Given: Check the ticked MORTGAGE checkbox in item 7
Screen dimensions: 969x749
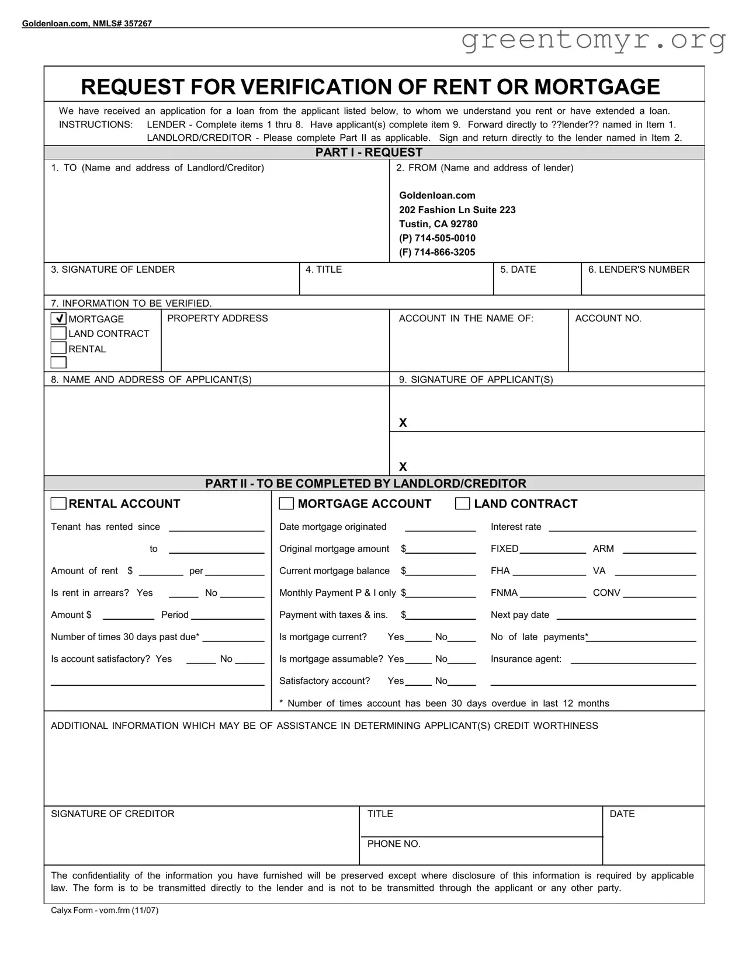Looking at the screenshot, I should [58, 318].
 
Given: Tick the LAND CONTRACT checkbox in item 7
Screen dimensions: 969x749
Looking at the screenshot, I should [58, 333].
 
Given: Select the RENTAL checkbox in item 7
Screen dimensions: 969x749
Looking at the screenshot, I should [58, 348].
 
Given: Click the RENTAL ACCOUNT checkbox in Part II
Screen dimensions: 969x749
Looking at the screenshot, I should [58, 503].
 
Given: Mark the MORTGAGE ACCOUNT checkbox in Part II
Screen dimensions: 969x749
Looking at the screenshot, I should [286, 503].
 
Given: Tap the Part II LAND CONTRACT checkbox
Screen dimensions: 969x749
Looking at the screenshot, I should [462, 503].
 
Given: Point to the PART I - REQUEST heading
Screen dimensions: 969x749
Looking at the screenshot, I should [369, 152].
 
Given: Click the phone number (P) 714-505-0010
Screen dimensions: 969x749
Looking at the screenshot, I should [437, 238].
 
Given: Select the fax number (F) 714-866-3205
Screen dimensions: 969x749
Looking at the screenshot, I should [437, 252].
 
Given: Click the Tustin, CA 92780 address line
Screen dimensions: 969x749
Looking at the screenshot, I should [438, 224].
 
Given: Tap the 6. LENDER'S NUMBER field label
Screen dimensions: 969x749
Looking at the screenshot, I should [639, 269].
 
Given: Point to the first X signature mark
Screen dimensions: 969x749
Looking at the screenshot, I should [403, 422].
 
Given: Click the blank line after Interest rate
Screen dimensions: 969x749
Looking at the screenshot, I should [622, 527].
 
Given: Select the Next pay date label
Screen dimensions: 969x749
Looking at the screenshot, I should [520, 615].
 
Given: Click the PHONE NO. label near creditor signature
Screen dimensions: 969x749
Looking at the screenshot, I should [394, 844].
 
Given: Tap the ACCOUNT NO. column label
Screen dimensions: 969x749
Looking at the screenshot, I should [608, 318].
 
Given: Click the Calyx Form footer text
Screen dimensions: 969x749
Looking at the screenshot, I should [105, 910].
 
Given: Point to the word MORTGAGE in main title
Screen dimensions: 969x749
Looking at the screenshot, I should [597, 87].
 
